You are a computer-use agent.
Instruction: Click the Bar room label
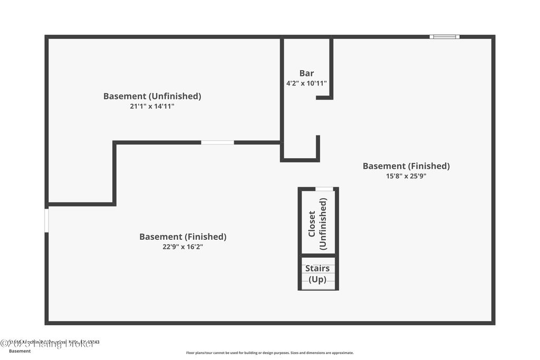click(306, 73)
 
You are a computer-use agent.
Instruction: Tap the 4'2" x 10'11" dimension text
click(306, 83)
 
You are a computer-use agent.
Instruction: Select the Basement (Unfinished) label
click(152, 96)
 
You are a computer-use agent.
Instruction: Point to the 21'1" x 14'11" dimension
click(152, 106)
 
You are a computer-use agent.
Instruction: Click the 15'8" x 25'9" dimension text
click(406, 176)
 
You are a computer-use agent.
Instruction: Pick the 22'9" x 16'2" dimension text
click(182, 246)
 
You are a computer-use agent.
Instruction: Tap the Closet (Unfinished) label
click(317, 223)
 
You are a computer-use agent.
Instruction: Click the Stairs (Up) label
click(317, 274)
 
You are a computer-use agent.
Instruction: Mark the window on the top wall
click(444, 37)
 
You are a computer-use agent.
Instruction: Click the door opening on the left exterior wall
click(46, 220)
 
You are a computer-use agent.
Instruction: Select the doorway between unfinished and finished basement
click(217, 142)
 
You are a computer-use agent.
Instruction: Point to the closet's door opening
click(324, 189)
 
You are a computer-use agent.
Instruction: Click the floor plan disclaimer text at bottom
click(269, 353)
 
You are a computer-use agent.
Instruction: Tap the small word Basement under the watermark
click(20, 351)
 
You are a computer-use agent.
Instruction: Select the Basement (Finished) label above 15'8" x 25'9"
click(406, 166)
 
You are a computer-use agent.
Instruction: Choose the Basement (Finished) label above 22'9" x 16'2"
click(182, 237)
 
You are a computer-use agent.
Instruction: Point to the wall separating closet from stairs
click(318, 256)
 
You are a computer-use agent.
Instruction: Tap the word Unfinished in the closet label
click(323, 223)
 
